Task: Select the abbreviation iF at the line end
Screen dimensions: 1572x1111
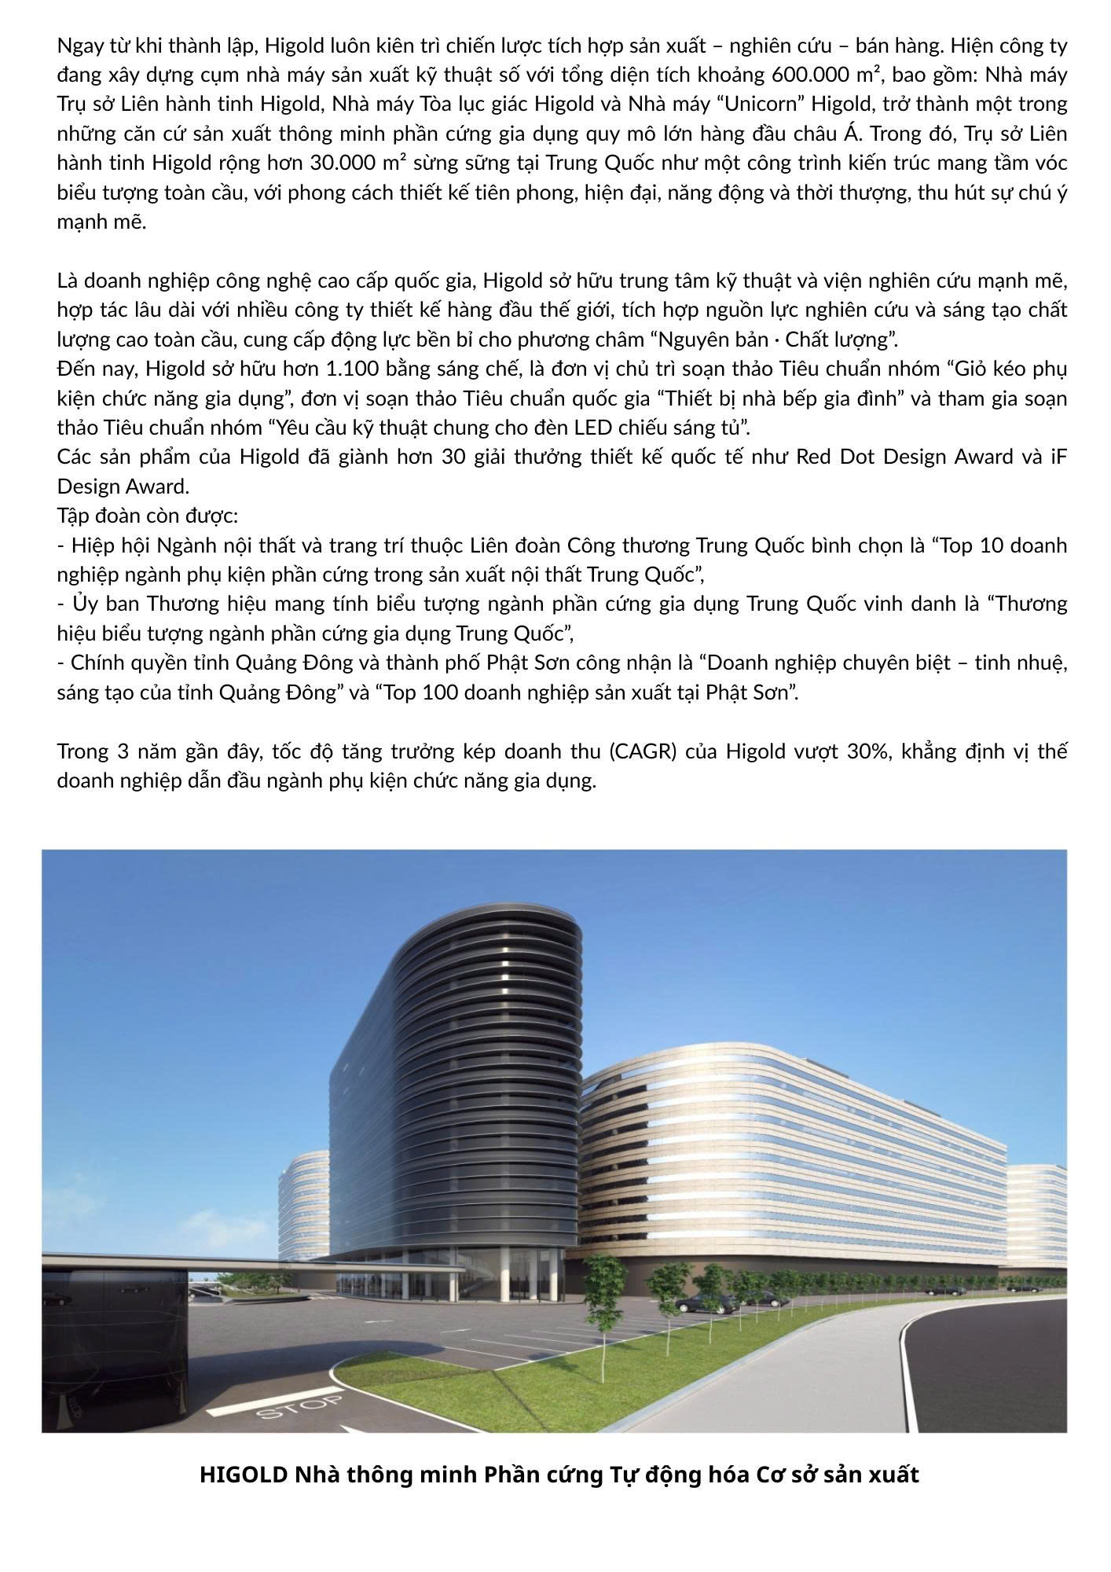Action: pos(1058,457)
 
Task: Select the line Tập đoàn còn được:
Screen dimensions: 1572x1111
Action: pos(148,516)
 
